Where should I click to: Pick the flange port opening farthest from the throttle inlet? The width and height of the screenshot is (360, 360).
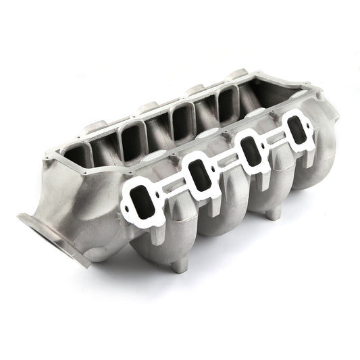coord(294,130)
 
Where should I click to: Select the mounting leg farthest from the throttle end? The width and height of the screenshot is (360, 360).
coord(272,214)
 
